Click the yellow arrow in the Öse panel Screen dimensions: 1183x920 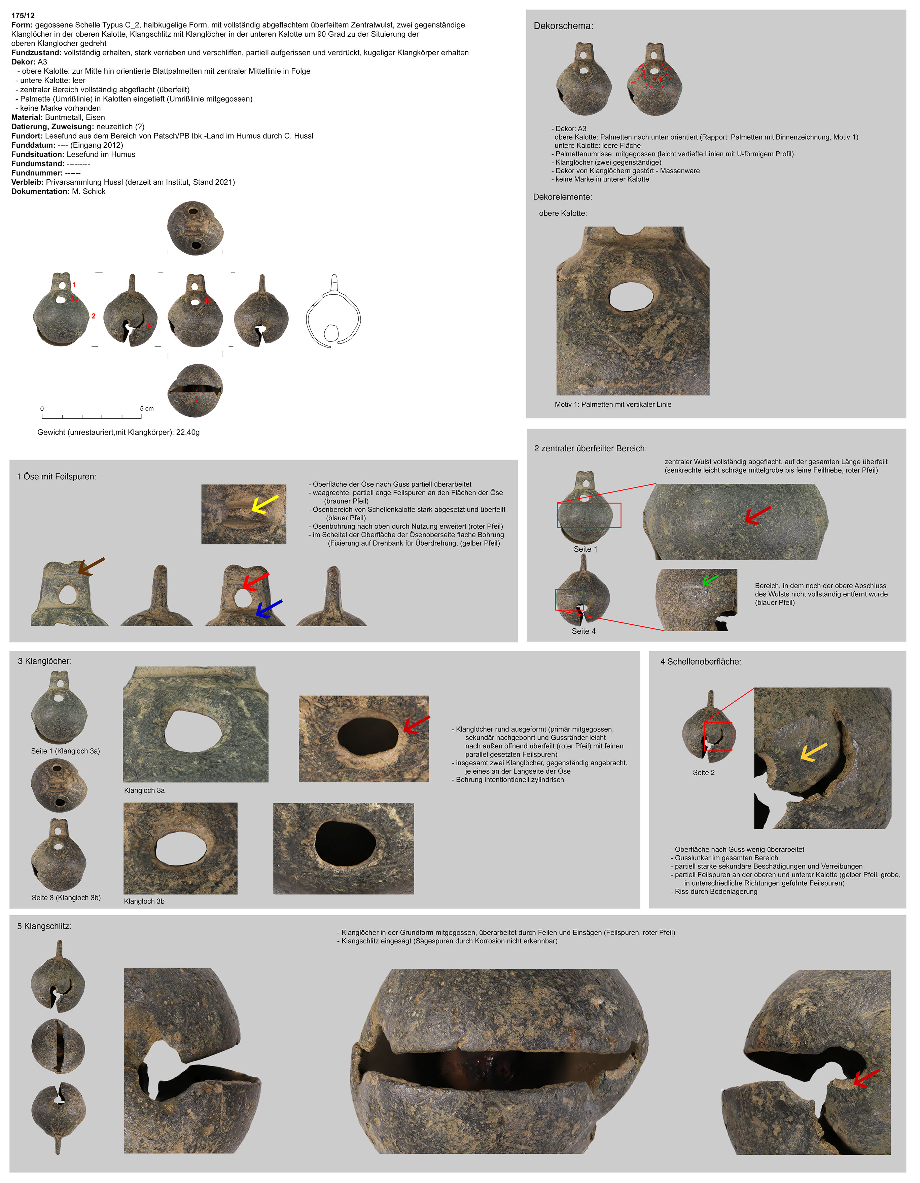pos(264,504)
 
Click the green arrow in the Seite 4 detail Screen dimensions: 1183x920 pos(710,580)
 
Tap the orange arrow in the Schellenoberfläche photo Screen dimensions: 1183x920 pos(814,752)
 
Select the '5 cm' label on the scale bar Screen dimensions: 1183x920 pos(146,409)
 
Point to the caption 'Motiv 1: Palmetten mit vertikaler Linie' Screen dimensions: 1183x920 pos(613,405)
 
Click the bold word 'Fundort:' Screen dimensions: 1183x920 pos(27,136)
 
